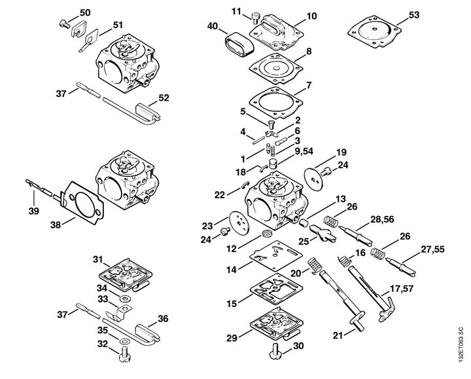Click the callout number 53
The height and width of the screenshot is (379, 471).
pyautogui.click(x=414, y=14)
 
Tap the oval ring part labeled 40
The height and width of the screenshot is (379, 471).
pyautogui.click(x=239, y=45)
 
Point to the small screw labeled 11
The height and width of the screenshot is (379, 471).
pyautogui.click(x=255, y=18)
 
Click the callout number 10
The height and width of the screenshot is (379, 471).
pyautogui.click(x=311, y=16)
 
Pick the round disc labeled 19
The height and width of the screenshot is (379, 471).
pyautogui.click(x=313, y=180)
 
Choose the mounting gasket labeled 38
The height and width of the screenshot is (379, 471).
pyautogui.click(x=82, y=203)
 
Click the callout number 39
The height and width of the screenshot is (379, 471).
pyautogui.click(x=33, y=211)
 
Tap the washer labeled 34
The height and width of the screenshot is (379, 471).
pyautogui.click(x=124, y=299)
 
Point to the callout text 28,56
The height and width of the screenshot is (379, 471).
pyautogui.click(x=382, y=219)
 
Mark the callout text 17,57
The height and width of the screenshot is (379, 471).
pyautogui.click(x=402, y=289)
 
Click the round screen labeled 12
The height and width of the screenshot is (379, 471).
pyautogui.click(x=266, y=233)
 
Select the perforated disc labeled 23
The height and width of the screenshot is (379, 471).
pyautogui.click(x=239, y=223)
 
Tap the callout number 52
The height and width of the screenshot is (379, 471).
pyautogui.click(x=164, y=98)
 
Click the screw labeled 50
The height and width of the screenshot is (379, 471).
pyautogui.click(x=64, y=23)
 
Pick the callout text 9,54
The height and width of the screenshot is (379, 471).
pyautogui.click(x=304, y=151)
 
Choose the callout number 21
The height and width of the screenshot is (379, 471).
pyautogui.click(x=338, y=335)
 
